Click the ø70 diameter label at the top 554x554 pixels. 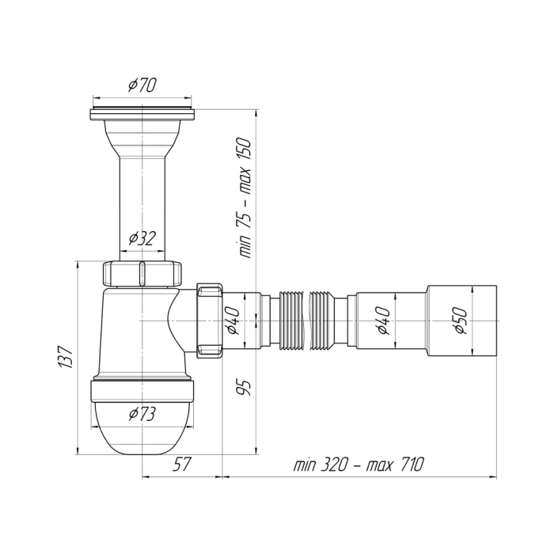tap(142, 85)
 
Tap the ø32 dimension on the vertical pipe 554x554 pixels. tap(142, 239)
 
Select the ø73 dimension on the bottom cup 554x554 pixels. tap(142, 414)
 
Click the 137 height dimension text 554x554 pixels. tap(66, 357)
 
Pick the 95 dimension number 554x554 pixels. tap(244, 388)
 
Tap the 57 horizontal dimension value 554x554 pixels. tap(181, 465)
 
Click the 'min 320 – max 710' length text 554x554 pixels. tap(359, 465)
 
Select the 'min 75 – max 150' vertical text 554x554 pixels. tap(245, 198)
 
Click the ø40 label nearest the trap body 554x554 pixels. tap(234, 321)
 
